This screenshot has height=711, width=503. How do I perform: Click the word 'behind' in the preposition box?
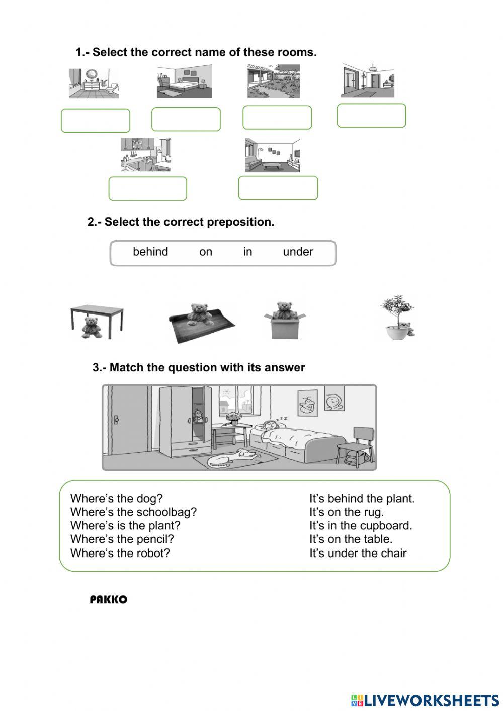coord(150,252)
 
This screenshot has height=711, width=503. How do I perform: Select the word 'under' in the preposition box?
coord(298,252)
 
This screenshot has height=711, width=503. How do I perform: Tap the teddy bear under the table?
coord(92,327)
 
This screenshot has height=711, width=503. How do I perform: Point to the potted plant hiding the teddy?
coord(397,317)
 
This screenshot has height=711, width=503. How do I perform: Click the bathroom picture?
coord(94,83)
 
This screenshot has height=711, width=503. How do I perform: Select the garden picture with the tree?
coord(274,81)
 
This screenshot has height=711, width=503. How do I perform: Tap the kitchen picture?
coord(146,154)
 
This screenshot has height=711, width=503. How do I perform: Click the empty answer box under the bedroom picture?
coord(186,119)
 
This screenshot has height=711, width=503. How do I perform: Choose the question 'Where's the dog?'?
coord(117,498)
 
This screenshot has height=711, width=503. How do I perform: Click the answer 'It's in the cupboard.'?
coord(361,525)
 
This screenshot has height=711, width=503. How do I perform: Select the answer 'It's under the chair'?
coord(358,553)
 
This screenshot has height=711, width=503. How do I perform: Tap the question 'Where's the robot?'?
coord(120,553)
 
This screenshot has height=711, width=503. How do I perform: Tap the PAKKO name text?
coord(109,600)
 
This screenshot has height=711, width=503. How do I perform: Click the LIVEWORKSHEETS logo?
coord(425,700)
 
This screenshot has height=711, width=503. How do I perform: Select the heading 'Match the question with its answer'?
coord(199,367)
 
